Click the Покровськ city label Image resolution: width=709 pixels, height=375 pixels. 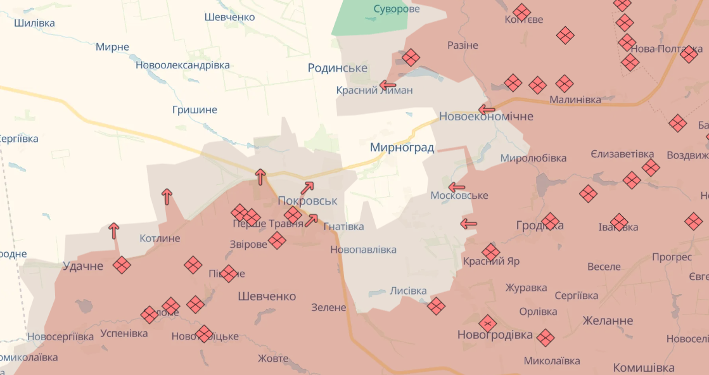tap(307, 201)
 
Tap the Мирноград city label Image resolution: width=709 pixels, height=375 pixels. tap(402, 148)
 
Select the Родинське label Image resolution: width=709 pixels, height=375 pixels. tap(338, 68)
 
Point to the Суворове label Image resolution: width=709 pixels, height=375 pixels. tap(397, 9)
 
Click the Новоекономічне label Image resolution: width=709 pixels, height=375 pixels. tap(486, 117)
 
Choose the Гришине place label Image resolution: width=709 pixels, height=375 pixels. tap(195, 110)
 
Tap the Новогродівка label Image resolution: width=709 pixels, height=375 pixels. tap(495, 335)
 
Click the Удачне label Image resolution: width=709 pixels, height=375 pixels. tap(83, 266)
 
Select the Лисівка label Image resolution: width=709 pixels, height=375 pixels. tap(408, 291)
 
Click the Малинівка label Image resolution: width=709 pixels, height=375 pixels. tap(575, 99)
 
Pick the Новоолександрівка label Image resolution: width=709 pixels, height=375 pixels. tap(182, 65)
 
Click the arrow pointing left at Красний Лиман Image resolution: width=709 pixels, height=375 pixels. tap(387, 84)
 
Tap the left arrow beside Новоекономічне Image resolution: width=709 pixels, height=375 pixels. tap(486, 109)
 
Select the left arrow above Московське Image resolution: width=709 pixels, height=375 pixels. tap(456, 187)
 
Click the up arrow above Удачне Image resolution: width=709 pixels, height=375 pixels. tap(114, 231)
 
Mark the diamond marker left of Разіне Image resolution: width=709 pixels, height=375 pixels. tap(411, 58)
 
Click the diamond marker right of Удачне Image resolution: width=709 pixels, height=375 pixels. tap(122, 265)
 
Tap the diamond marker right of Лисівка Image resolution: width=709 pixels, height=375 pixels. tap(436, 307)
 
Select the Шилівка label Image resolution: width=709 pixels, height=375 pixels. tap(34, 23)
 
